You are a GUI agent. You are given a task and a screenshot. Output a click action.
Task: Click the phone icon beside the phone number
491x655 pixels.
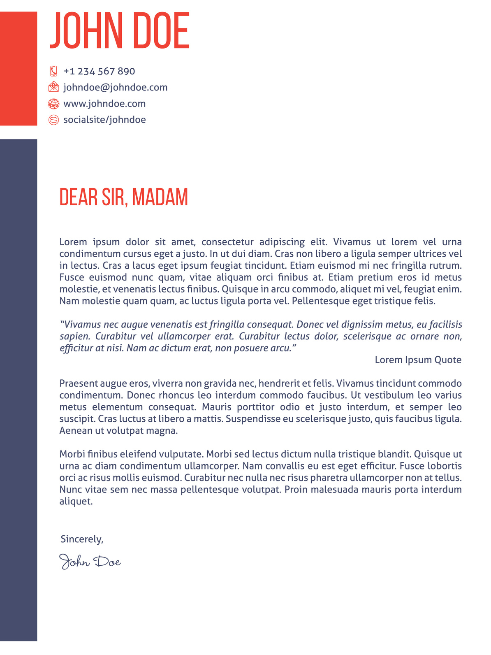[53, 71]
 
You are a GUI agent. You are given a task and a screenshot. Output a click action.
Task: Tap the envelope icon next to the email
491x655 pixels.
[53, 87]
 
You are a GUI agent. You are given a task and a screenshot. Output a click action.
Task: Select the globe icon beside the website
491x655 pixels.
[53, 103]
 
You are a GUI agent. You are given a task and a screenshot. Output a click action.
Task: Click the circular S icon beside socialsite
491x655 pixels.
[53, 120]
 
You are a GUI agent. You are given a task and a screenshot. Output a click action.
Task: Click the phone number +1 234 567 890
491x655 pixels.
[99, 71]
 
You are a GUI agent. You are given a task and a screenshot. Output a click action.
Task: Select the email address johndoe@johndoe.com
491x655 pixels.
[115, 87]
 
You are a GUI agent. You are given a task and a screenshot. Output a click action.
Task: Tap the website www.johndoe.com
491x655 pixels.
[104, 103]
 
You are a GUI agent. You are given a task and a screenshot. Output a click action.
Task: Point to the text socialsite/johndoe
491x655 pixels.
[104, 120]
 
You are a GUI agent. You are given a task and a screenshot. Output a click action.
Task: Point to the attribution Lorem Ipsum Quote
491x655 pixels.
[418, 360]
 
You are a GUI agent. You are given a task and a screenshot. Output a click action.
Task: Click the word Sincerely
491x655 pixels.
[81, 539]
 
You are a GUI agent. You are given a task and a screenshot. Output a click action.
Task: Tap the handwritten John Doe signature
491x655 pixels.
[90, 562]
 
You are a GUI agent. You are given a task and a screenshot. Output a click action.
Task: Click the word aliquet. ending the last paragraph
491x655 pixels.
[76, 502]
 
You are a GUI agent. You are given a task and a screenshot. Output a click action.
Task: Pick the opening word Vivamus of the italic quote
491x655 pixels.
[80, 325]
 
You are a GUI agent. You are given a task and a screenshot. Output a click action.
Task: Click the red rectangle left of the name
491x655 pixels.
[19, 68]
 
